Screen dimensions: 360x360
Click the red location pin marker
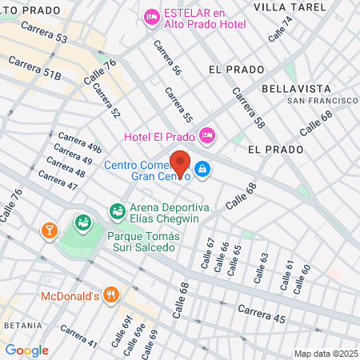(180, 162)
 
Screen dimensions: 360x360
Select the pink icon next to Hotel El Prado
(206, 135)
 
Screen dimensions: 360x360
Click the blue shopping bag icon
(203, 169)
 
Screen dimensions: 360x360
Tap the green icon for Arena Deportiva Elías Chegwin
(117, 210)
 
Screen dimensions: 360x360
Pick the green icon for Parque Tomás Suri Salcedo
(81, 222)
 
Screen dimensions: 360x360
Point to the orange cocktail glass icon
(50, 230)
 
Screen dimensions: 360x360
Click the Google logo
(26, 350)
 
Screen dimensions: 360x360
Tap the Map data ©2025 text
(325, 354)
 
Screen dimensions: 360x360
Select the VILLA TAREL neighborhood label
(290, 6)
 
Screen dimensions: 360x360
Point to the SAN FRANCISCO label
(322, 101)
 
